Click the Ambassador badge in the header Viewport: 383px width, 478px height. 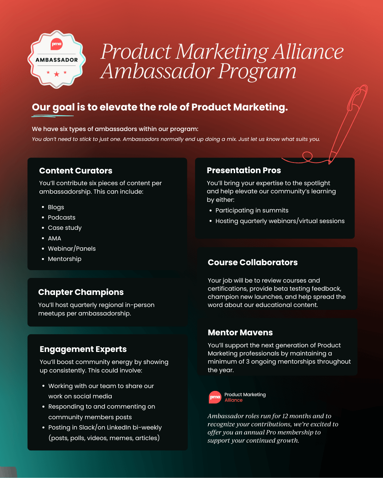57,59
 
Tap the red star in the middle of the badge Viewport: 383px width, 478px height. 57,74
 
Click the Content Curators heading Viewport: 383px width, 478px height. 76,171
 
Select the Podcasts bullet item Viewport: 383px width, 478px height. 61,217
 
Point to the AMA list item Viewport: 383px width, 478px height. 54,238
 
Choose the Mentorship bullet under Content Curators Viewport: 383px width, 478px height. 65,259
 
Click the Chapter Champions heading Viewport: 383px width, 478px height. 81,292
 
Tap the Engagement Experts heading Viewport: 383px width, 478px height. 83,349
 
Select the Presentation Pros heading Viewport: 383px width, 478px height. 244,170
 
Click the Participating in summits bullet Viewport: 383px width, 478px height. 252,210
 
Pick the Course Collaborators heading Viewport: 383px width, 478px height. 252,262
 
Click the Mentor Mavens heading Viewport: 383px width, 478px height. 240,332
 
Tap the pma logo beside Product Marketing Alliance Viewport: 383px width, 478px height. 215,397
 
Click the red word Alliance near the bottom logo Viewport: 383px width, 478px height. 233,400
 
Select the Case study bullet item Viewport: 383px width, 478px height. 65,228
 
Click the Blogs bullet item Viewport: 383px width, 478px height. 56,207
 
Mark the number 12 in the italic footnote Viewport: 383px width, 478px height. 285,416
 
